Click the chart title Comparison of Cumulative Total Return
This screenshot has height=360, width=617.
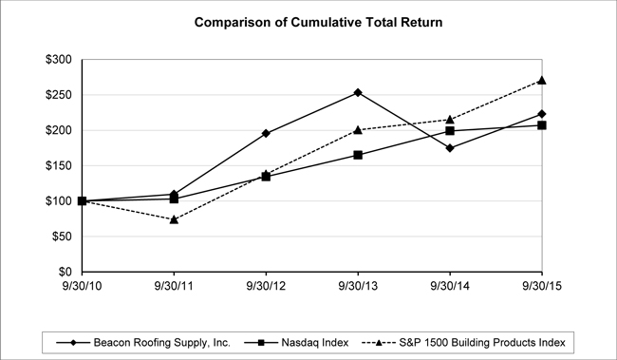(x=318, y=22)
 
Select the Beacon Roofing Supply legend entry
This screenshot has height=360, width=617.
(x=143, y=343)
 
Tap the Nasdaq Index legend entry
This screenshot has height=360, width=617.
(x=296, y=343)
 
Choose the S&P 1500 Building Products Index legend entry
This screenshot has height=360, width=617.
(x=463, y=343)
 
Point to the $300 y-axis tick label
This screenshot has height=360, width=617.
(x=59, y=60)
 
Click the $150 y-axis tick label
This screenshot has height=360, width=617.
(x=59, y=166)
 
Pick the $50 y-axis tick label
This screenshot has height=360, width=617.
(x=62, y=237)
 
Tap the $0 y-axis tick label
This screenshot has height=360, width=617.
(x=65, y=272)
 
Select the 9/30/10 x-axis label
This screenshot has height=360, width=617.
(x=82, y=286)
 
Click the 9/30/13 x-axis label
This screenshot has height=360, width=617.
(x=358, y=286)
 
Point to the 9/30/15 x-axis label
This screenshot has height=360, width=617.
(x=542, y=286)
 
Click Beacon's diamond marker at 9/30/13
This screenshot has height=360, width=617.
(x=358, y=92)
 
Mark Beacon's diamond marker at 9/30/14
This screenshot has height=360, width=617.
(x=450, y=148)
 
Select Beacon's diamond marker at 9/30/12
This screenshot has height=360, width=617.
(x=266, y=133)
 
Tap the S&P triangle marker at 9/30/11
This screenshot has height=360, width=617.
(x=174, y=219)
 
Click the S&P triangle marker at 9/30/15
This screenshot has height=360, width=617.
(x=542, y=81)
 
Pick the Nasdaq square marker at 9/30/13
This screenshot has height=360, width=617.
(x=358, y=155)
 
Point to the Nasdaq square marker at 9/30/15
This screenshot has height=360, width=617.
(x=542, y=125)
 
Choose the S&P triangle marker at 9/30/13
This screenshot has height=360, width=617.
(x=358, y=129)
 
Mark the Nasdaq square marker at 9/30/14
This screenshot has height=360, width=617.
(x=450, y=131)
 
